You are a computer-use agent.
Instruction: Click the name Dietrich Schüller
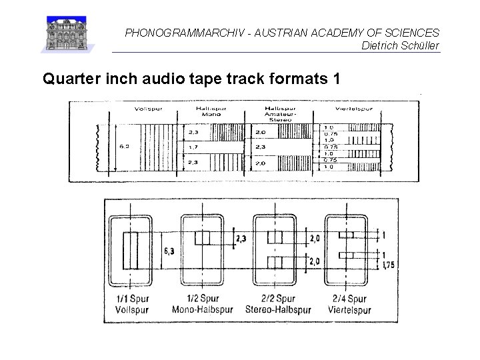(x=400, y=45)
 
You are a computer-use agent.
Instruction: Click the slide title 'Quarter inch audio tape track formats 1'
(x=191, y=79)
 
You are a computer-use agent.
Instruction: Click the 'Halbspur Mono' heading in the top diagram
(x=210, y=111)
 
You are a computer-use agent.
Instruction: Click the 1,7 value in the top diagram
(x=194, y=146)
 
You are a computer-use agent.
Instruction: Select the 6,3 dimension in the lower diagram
(x=171, y=251)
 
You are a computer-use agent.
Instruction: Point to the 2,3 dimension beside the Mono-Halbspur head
(x=241, y=238)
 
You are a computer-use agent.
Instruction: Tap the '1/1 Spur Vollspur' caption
(x=131, y=304)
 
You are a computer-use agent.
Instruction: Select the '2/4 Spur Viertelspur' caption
(x=347, y=304)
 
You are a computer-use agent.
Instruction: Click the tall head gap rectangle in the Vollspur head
(x=131, y=250)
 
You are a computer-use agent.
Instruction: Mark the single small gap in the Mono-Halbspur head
(x=202, y=238)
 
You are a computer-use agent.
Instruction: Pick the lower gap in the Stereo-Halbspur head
(x=275, y=261)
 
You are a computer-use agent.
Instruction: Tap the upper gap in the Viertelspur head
(x=346, y=235)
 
